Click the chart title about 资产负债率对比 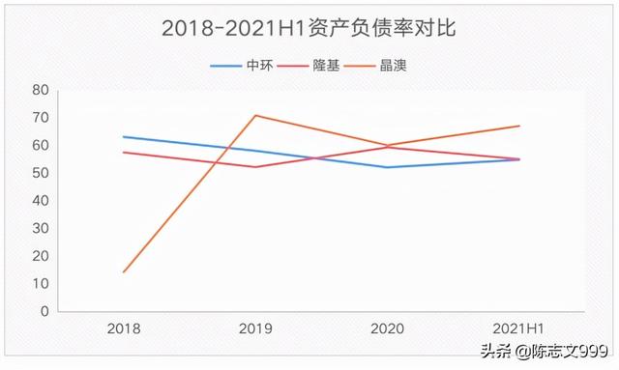pos(309,28)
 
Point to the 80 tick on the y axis pos(40,90)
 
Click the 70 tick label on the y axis pos(40,118)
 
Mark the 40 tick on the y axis pos(40,201)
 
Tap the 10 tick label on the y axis pos(40,284)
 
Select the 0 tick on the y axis pos(44,312)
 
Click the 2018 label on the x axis pos(124,329)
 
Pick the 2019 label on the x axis pos(255,329)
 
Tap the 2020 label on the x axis pos(387,329)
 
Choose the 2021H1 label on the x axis pos(519,329)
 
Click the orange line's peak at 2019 pos(255,115)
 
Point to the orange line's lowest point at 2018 pos(124,271)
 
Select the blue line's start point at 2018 pos(124,137)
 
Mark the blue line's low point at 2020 pos(387,167)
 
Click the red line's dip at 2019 pos(255,167)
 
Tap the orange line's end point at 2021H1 pos(519,126)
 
